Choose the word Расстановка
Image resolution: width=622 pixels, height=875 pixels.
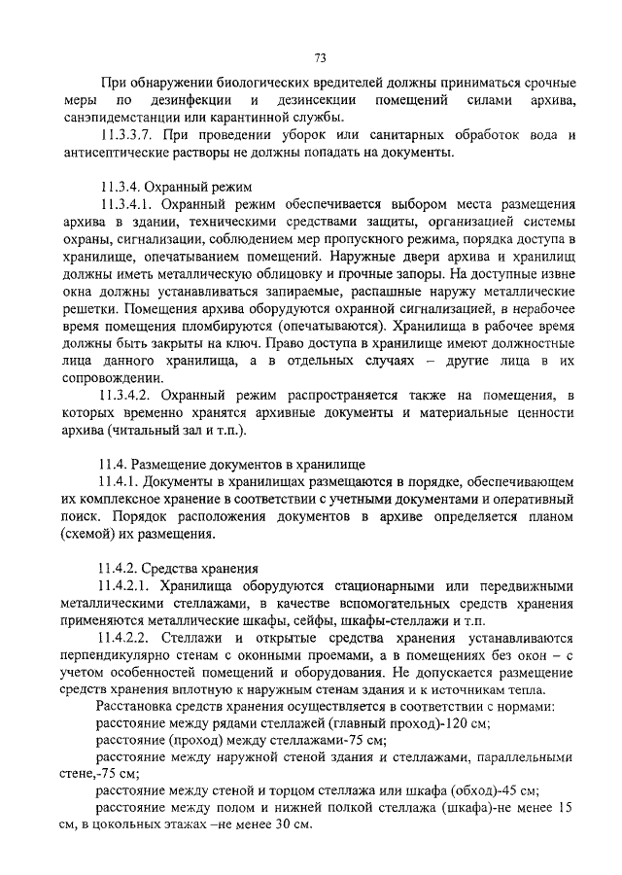(x=135, y=708)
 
